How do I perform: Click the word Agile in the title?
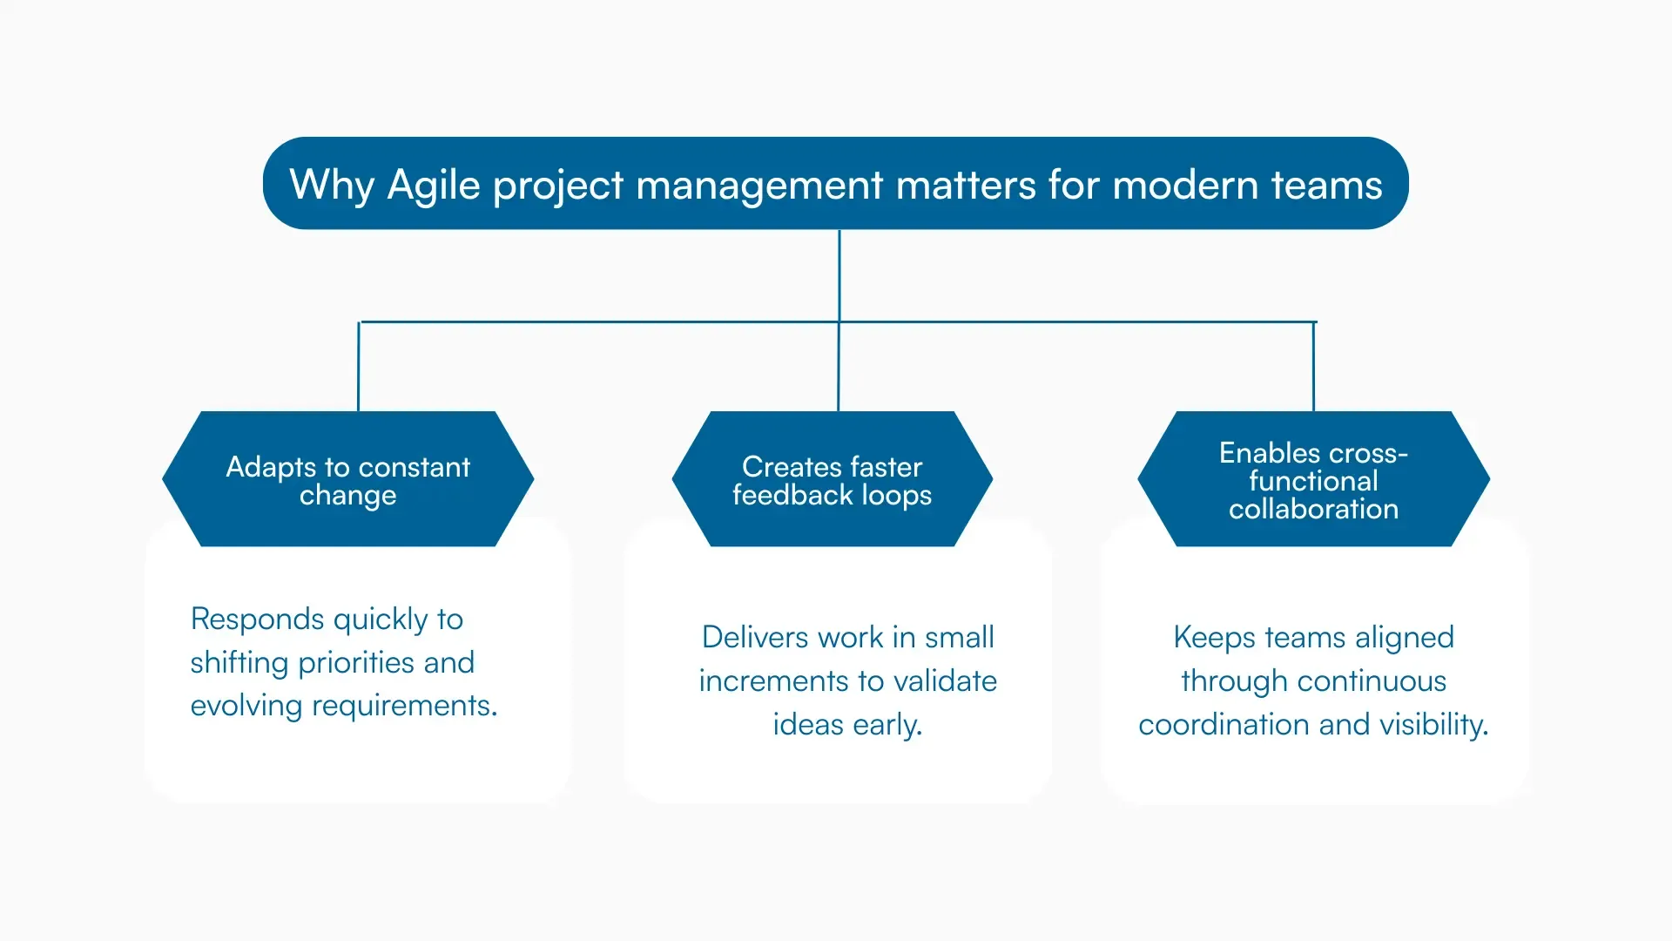pyautogui.click(x=433, y=185)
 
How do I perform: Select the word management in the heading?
pyautogui.click(x=758, y=185)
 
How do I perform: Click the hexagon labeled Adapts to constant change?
pyautogui.click(x=347, y=479)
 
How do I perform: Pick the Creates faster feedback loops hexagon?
pyautogui.click(x=832, y=479)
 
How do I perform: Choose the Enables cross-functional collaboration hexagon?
pyautogui.click(x=1313, y=479)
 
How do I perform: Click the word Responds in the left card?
pyautogui.click(x=257, y=619)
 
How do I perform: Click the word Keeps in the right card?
pyautogui.click(x=1214, y=637)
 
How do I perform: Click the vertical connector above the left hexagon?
pyautogui.click(x=358, y=366)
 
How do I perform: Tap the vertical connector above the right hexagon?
pyautogui.click(x=1313, y=366)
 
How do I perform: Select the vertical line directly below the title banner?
pyautogui.click(x=839, y=274)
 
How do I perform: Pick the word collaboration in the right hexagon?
pyautogui.click(x=1313, y=509)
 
